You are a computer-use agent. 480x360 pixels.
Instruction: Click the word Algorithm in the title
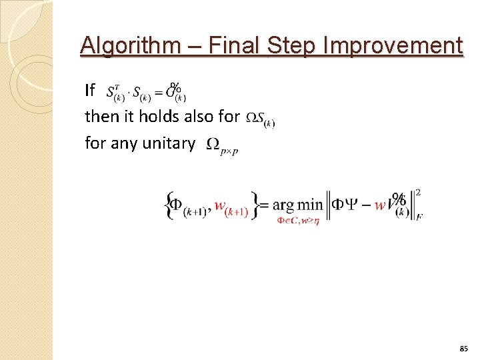pyautogui.click(x=129, y=46)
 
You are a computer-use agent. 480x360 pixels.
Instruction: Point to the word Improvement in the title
pyautogui.click(x=393, y=46)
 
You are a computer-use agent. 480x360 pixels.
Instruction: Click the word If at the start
pyautogui.click(x=90, y=90)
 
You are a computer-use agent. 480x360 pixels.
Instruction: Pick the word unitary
pyautogui.click(x=166, y=143)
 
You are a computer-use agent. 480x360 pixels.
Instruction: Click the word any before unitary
pyautogui.click(x=124, y=143)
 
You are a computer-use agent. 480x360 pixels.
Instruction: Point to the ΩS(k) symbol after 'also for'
pyautogui.click(x=260, y=119)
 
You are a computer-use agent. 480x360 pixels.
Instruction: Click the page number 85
pyautogui.click(x=464, y=349)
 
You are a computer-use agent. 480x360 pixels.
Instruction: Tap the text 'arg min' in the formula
pyautogui.click(x=297, y=205)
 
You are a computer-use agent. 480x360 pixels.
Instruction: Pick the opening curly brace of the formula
pyautogui.click(x=167, y=205)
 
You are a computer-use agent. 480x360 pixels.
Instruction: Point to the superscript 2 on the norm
pyautogui.click(x=417, y=193)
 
